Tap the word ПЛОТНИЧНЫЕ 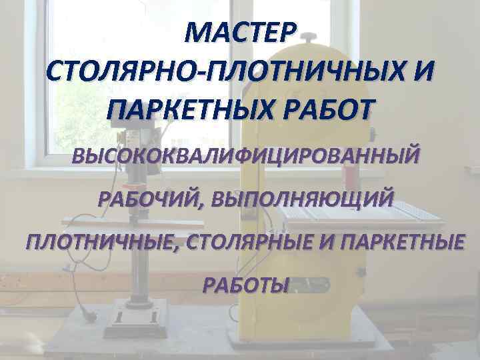click(101, 242)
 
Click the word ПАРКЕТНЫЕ click(401, 242)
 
